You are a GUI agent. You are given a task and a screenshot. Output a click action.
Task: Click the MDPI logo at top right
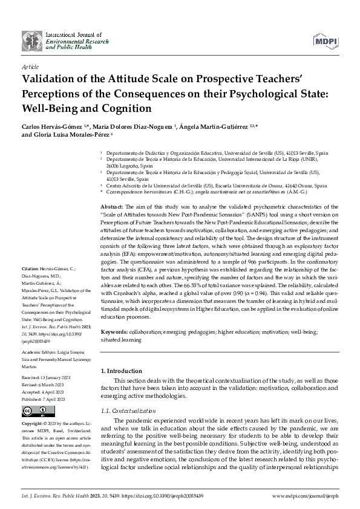click(326, 40)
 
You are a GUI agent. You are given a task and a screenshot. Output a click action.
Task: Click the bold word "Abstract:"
click(112, 207)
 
